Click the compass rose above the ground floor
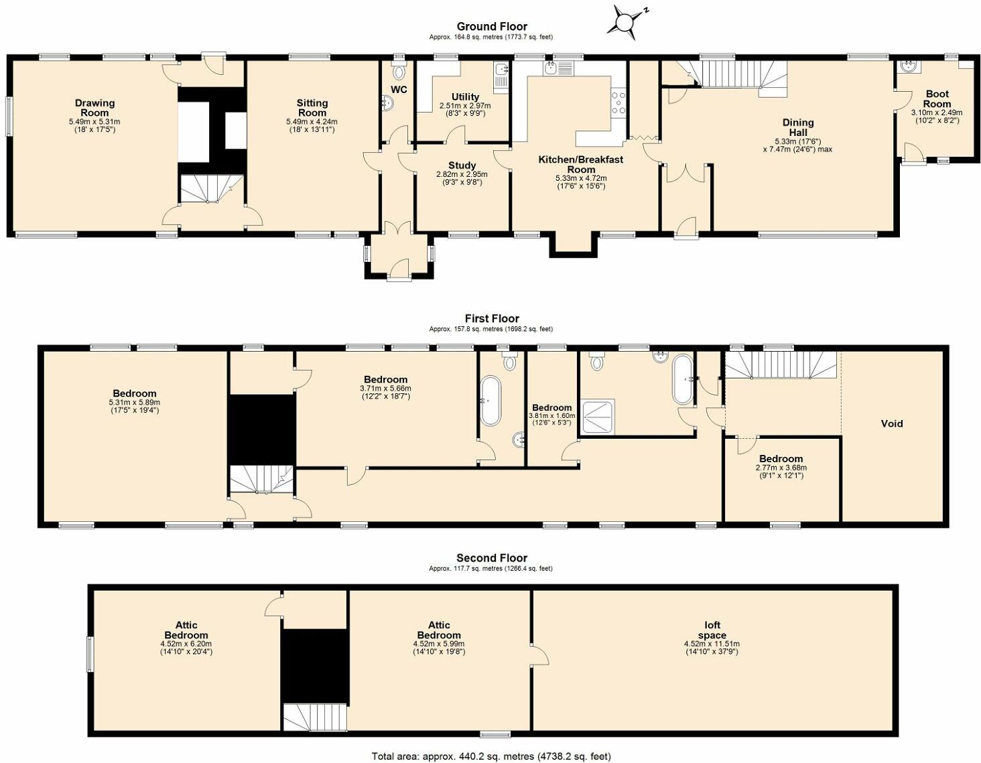pyautogui.click(x=626, y=23)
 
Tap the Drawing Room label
pyautogui.click(x=94, y=108)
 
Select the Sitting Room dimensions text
pyautogui.click(x=312, y=126)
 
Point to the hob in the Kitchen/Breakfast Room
pyautogui.click(x=618, y=103)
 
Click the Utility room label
pyautogui.click(x=466, y=97)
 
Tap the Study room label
pyautogui.click(x=462, y=165)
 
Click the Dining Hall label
pyautogui.click(x=798, y=127)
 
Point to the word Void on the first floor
pyautogui.click(x=892, y=423)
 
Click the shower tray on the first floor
pyautogui.click(x=598, y=416)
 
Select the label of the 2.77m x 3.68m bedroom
pyautogui.click(x=781, y=459)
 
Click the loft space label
pyautogui.click(x=712, y=630)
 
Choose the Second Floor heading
pyautogui.click(x=492, y=558)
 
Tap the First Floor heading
pyautogui.click(x=492, y=319)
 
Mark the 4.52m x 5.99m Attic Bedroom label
pyautogui.click(x=439, y=630)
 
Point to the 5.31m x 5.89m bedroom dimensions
pyautogui.click(x=135, y=406)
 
